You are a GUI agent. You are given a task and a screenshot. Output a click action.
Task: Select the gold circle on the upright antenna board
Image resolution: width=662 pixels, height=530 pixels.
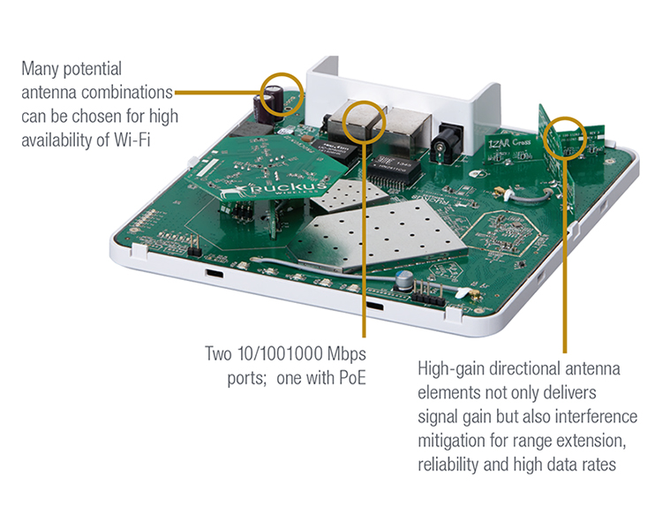tap(564, 138)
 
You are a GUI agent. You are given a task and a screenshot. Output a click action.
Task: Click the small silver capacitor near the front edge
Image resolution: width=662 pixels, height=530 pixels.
tap(403, 281)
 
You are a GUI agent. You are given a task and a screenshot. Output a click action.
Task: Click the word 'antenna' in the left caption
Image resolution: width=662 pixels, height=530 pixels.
tap(48, 90)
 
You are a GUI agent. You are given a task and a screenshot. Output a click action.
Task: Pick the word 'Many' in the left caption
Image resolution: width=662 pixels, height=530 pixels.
tap(39, 67)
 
